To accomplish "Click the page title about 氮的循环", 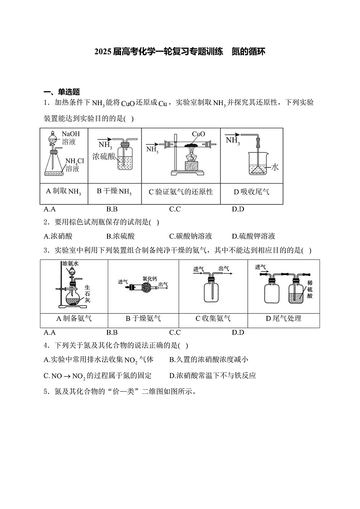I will point(180,52).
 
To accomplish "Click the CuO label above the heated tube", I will point(199,134).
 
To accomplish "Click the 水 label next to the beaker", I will point(275,167).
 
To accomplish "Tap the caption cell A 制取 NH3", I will point(63,192).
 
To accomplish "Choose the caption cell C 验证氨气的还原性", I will point(181,192).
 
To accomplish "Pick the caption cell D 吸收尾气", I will point(252,192).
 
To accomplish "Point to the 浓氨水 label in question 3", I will point(70,263).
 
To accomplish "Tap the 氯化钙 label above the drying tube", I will point(149,278).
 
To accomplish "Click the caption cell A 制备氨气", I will point(74,319).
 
